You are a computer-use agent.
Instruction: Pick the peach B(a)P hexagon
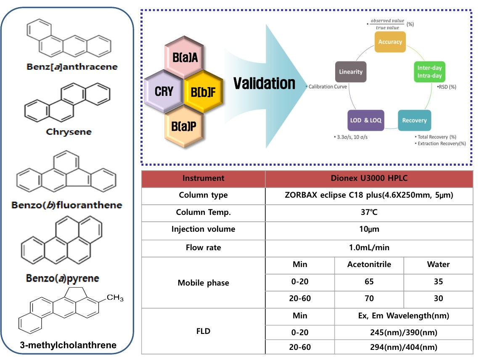pyautogui.click(x=184, y=126)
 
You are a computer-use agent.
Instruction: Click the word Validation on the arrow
pyautogui.click(x=265, y=83)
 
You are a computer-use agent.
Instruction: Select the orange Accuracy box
pyautogui.click(x=390, y=42)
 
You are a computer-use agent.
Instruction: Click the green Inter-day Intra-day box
pyautogui.click(x=429, y=71)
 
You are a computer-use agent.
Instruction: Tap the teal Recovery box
pyautogui.click(x=414, y=120)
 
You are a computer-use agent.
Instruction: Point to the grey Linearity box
pyautogui.click(x=351, y=71)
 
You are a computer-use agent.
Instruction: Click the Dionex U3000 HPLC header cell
pyautogui.click(x=369, y=178)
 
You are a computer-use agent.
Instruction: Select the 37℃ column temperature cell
pyautogui.click(x=369, y=212)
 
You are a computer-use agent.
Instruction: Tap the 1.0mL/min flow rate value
pyautogui.click(x=369, y=247)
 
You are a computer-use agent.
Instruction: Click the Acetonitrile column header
pyautogui.click(x=369, y=265)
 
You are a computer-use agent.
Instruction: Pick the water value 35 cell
pyautogui.click(x=438, y=281)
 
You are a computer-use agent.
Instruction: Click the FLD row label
pyautogui.click(x=204, y=331)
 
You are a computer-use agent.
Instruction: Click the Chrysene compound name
pyautogui.click(x=69, y=132)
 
